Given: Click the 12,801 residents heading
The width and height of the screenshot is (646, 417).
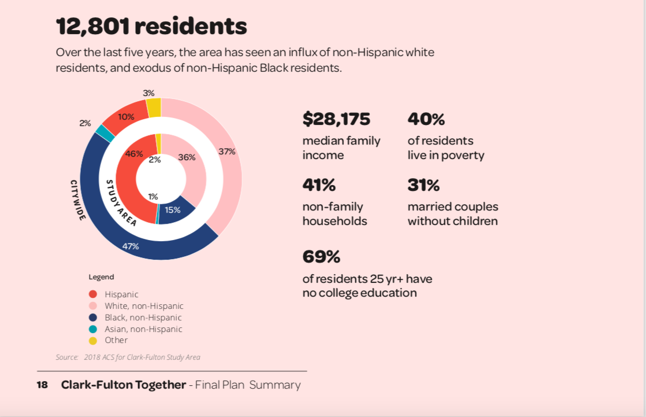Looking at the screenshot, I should pyautogui.click(x=151, y=27).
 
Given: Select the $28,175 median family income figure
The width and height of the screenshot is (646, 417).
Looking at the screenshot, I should pyautogui.click(x=336, y=119).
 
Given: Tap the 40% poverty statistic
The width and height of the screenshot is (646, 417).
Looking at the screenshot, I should pyautogui.click(x=426, y=119).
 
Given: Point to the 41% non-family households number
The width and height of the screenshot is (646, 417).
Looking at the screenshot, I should pyautogui.click(x=319, y=185).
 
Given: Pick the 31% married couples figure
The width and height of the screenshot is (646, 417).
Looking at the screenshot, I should pyautogui.click(x=424, y=185).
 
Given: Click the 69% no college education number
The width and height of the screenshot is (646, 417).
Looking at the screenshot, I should pyautogui.click(x=321, y=256).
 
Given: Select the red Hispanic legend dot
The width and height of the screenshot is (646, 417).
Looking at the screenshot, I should pyautogui.click(x=93, y=294).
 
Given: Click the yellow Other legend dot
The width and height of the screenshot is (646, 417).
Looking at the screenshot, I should pyautogui.click(x=93, y=340).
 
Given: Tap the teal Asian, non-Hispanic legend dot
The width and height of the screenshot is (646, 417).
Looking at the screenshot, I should pyautogui.click(x=93, y=329).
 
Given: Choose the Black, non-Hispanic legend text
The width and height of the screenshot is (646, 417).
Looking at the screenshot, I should pyautogui.click(x=143, y=318).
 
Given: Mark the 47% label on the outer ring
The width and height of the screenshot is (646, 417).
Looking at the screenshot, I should pyautogui.click(x=130, y=246).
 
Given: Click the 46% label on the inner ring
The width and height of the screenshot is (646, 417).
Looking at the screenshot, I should pyautogui.click(x=134, y=154).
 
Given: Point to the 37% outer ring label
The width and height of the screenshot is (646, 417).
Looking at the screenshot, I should pyautogui.click(x=227, y=152).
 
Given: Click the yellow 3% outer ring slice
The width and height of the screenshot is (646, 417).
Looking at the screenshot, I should pyautogui.click(x=153, y=107).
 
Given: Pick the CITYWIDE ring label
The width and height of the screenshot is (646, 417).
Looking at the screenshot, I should pyautogui.click(x=78, y=200).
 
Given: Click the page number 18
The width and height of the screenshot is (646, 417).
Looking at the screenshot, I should pyautogui.click(x=42, y=385).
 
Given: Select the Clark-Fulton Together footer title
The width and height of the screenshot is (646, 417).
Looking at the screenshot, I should pyautogui.click(x=124, y=385).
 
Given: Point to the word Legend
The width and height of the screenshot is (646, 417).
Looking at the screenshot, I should pyautogui.click(x=101, y=277).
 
